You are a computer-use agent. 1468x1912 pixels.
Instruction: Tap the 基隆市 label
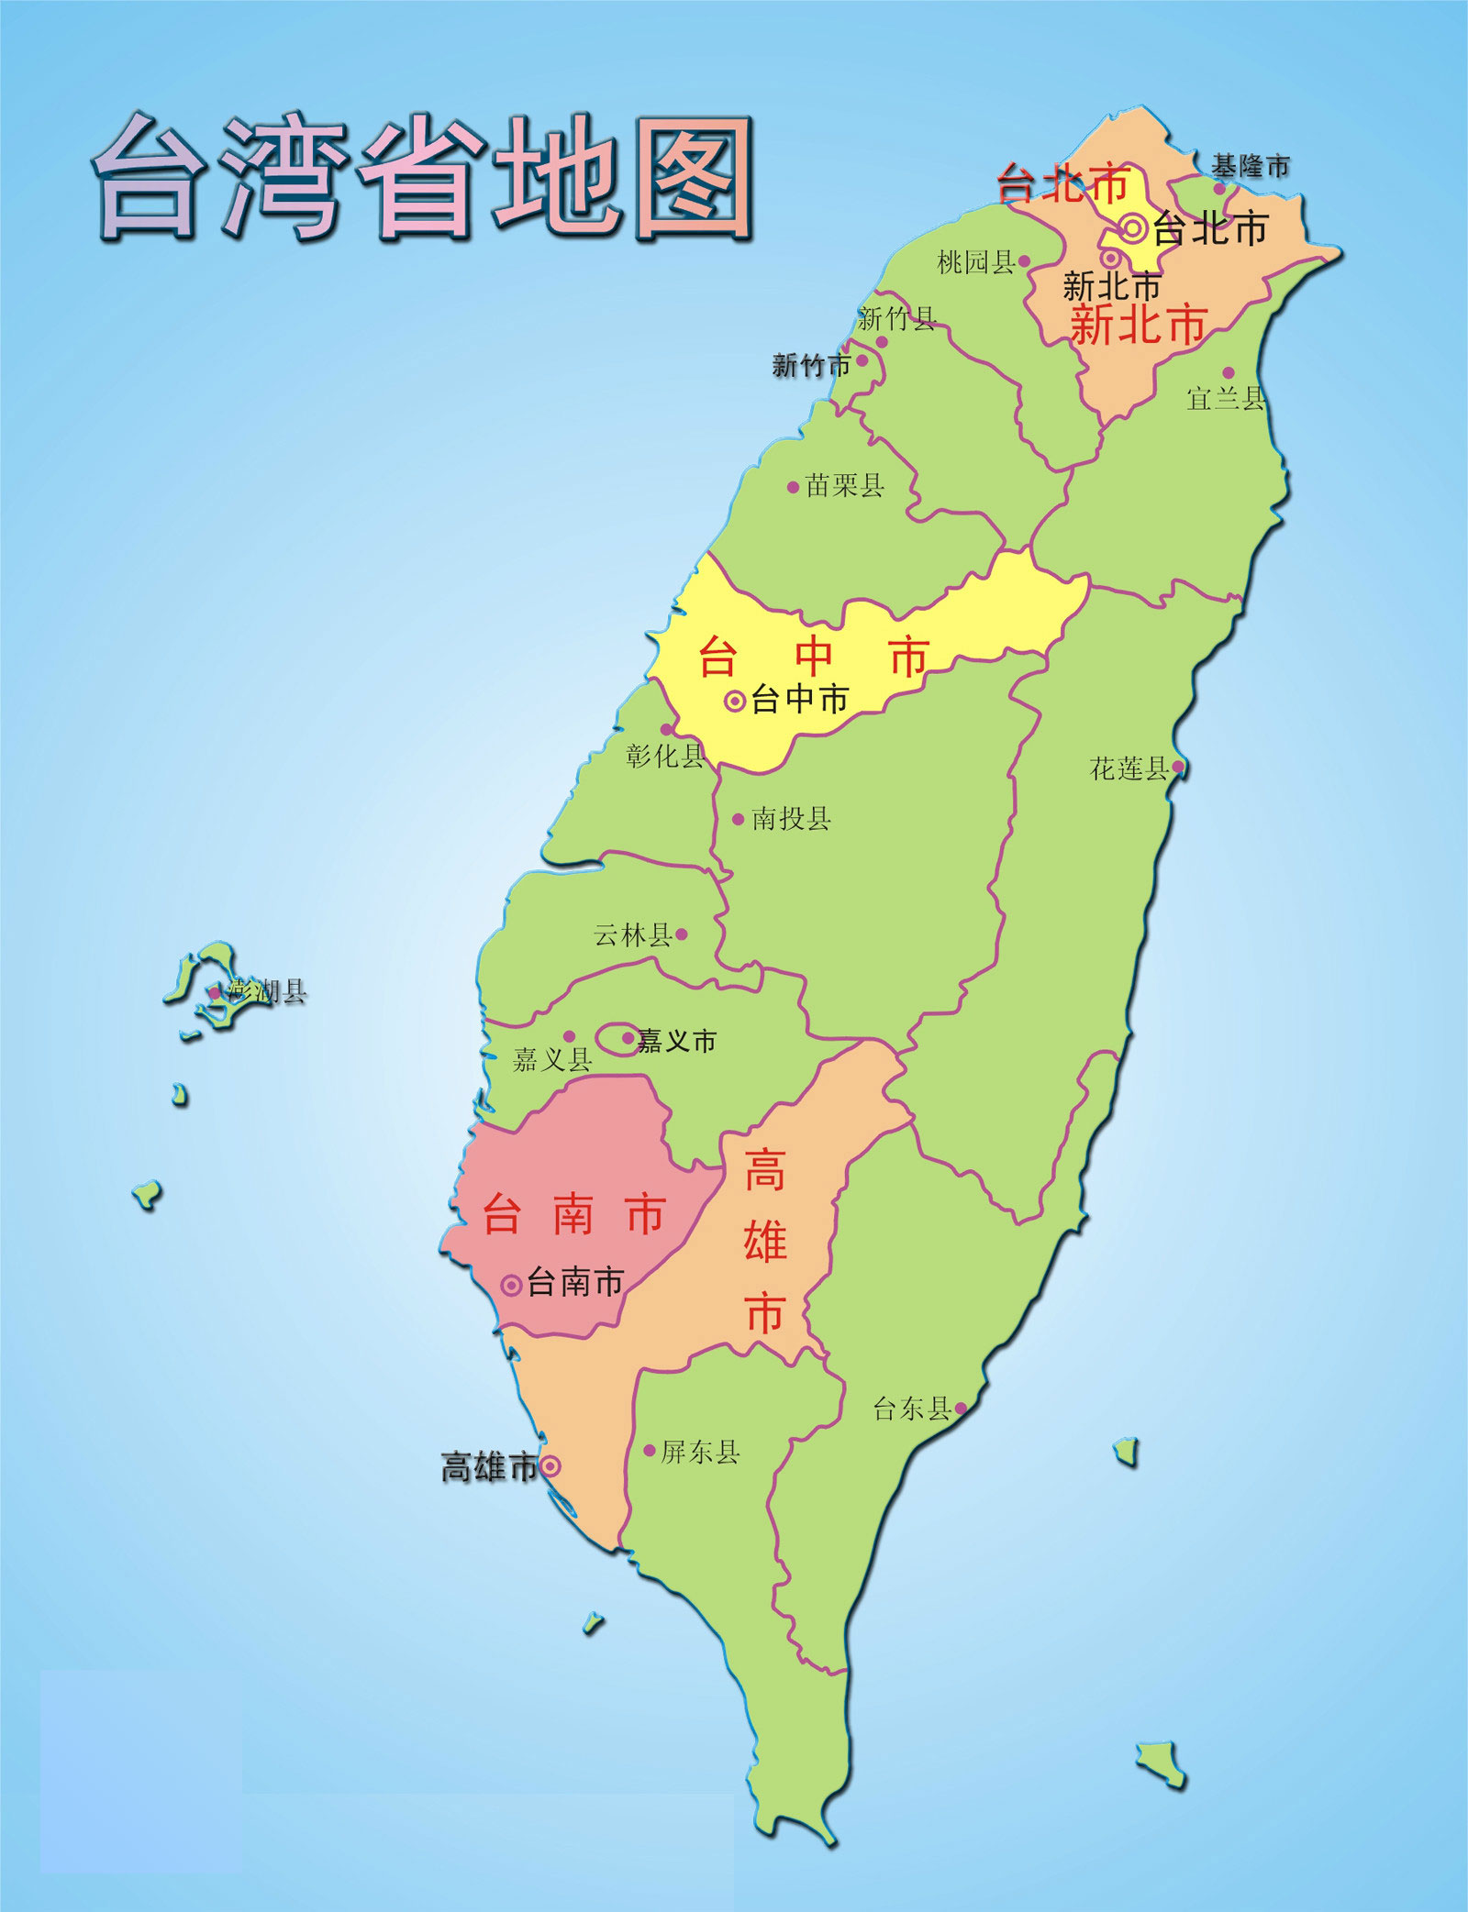(1250, 167)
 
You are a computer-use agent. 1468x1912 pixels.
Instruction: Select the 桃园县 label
(975, 262)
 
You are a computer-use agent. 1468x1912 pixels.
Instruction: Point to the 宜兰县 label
(1225, 398)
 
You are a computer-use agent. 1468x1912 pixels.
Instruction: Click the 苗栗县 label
(844, 485)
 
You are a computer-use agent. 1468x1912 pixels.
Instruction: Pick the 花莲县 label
(1129, 768)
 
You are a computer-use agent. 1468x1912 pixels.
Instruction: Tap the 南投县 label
(791, 818)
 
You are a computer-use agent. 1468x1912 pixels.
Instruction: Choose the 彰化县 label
(665, 756)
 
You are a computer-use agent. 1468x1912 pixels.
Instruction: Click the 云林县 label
(632, 935)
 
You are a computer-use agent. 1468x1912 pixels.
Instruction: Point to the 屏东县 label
(700, 1452)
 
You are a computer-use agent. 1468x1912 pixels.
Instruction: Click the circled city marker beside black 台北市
(1134, 228)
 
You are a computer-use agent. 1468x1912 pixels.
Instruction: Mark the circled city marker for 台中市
(735, 702)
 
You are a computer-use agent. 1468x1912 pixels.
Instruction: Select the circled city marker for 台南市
(512, 1286)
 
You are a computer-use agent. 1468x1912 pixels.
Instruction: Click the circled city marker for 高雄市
(550, 1466)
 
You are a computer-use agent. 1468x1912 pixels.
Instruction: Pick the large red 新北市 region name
(1138, 326)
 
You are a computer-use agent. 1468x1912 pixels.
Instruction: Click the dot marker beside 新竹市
(862, 361)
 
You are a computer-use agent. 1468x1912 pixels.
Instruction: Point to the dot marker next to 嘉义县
(569, 1036)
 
